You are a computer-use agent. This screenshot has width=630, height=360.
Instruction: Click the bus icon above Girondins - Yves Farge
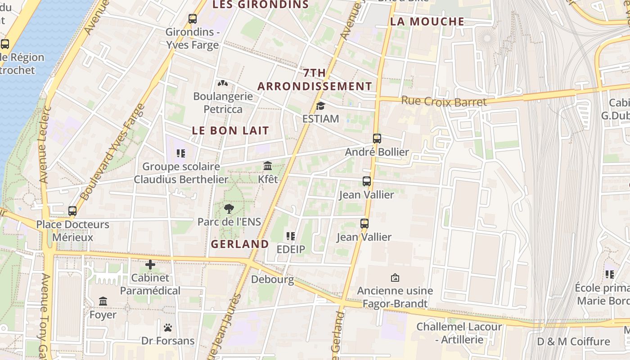click(193, 19)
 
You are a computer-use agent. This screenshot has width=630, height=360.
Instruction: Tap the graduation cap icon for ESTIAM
click(320, 106)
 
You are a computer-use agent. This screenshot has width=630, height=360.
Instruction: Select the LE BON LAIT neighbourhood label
click(230, 130)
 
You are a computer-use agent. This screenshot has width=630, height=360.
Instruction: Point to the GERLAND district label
click(240, 244)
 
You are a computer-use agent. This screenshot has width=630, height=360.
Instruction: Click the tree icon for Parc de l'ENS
click(229, 209)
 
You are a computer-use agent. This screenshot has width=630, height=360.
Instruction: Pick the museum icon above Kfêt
click(268, 166)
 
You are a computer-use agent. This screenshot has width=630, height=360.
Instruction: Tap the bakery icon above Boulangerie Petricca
click(223, 83)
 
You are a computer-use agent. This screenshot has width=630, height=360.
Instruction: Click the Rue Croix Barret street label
click(444, 102)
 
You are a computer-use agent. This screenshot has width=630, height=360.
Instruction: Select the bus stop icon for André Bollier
click(377, 139)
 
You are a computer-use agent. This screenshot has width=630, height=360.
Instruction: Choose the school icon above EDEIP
click(291, 236)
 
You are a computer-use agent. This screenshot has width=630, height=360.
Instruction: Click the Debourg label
click(272, 279)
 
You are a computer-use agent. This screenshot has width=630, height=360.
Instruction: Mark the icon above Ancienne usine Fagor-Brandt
click(395, 278)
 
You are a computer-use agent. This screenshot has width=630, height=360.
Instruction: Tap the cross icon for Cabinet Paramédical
click(150, 265)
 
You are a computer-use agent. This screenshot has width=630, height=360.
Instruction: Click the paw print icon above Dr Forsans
click(168, 328)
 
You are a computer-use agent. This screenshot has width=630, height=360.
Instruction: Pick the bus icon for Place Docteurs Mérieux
click(72, 211)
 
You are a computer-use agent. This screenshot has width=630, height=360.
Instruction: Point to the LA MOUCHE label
click(427, 22)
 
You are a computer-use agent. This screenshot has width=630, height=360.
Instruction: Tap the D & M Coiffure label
click(573, 342)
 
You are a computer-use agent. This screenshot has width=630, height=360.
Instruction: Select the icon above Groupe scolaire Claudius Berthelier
click(181, 153)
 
